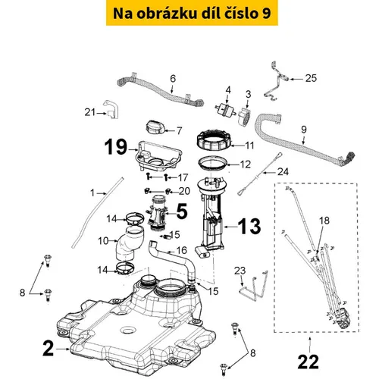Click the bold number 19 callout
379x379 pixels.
pos(116,147)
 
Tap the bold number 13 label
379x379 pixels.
pos(249,227)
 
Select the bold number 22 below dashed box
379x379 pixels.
pos(309,362)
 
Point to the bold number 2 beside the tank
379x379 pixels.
pos(49,349)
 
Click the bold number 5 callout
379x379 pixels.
pos(182,211)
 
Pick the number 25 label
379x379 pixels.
pos(311,78)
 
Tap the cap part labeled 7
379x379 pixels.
pos(155,127)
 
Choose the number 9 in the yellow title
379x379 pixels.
pos(265,14)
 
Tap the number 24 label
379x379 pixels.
pos(283,172)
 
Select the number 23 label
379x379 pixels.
pos(240,271)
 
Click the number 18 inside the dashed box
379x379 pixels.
pos(324,221)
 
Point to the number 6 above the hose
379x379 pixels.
pos(173,79)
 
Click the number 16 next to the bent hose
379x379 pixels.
pos(181,250)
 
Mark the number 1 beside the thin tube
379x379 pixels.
pos(92,193)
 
